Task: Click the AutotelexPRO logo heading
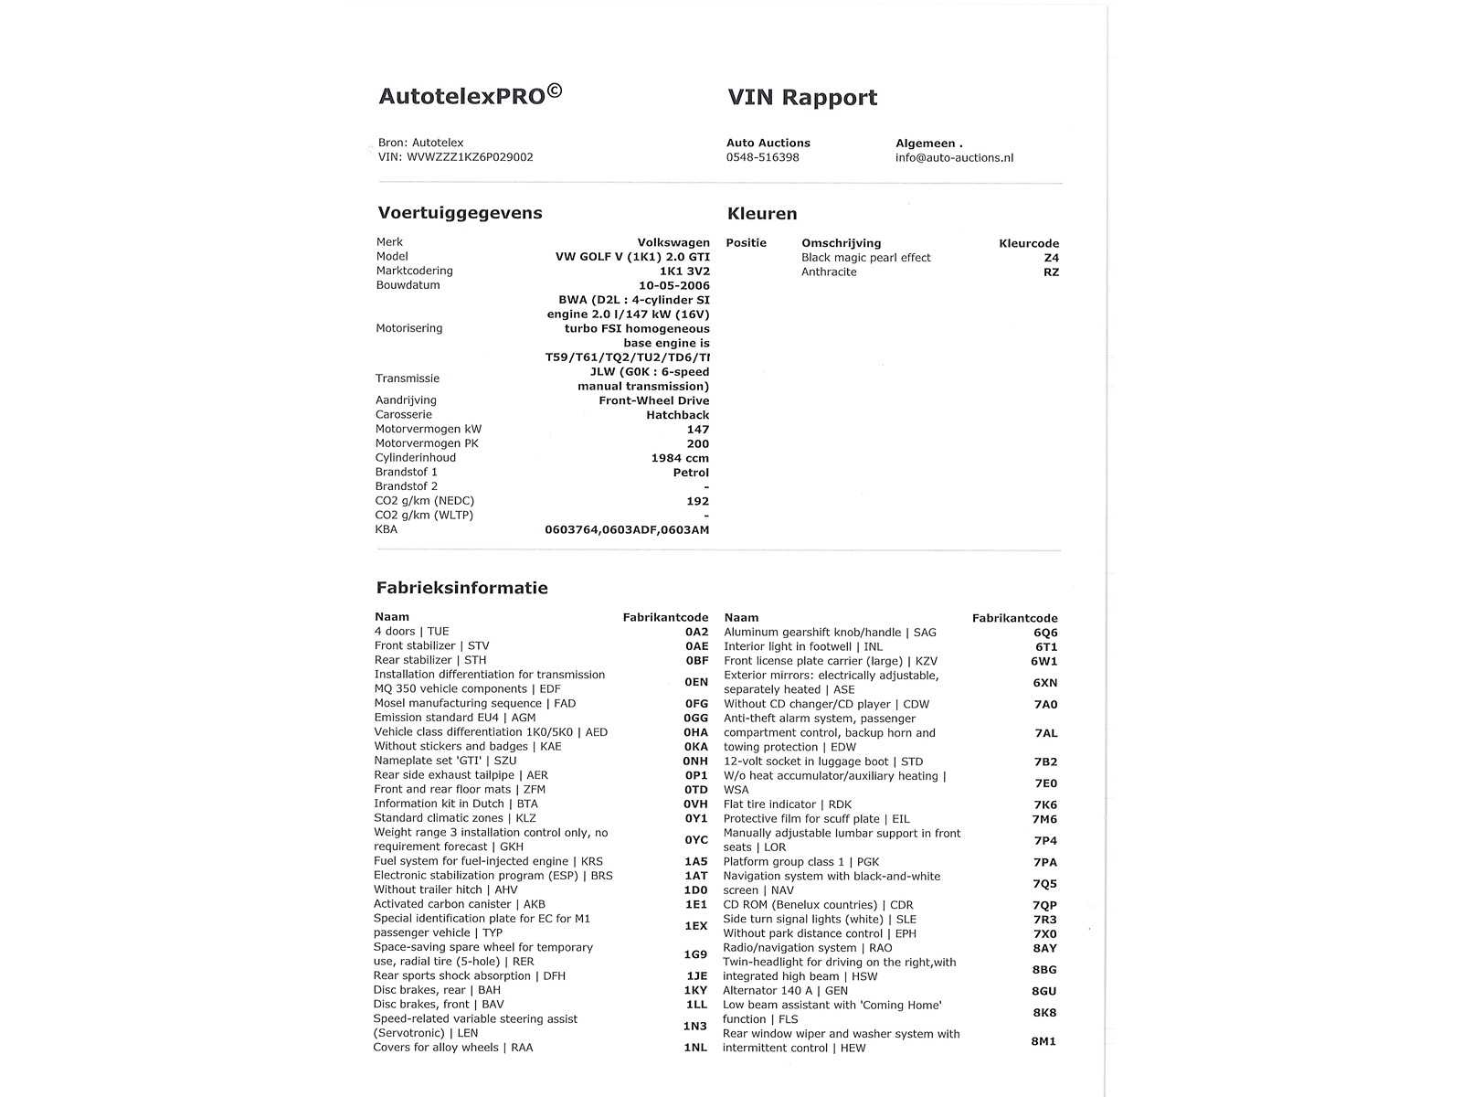point(470,96)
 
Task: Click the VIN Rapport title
point(802,98)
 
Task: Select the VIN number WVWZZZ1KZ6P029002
point(470,157)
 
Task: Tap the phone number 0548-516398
point(762,157)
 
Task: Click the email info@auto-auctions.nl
point(954,157)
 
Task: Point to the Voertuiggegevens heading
point(460,213)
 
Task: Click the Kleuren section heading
point(762,214)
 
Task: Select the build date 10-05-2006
point(674,285)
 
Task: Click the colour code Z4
point(1051,258)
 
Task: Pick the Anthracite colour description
point(829,272)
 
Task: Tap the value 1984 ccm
point(680,458)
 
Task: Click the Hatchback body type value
point(677,415)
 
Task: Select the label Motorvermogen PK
point(427,443)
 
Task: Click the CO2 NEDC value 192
point(697,501)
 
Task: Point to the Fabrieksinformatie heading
point(461,588)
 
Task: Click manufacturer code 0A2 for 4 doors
point(696,632)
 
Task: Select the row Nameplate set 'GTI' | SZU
point(445,761)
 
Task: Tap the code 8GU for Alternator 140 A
point(1044,991)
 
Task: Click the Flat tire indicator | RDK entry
point(787,804)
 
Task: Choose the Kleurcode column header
point(1029,243)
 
